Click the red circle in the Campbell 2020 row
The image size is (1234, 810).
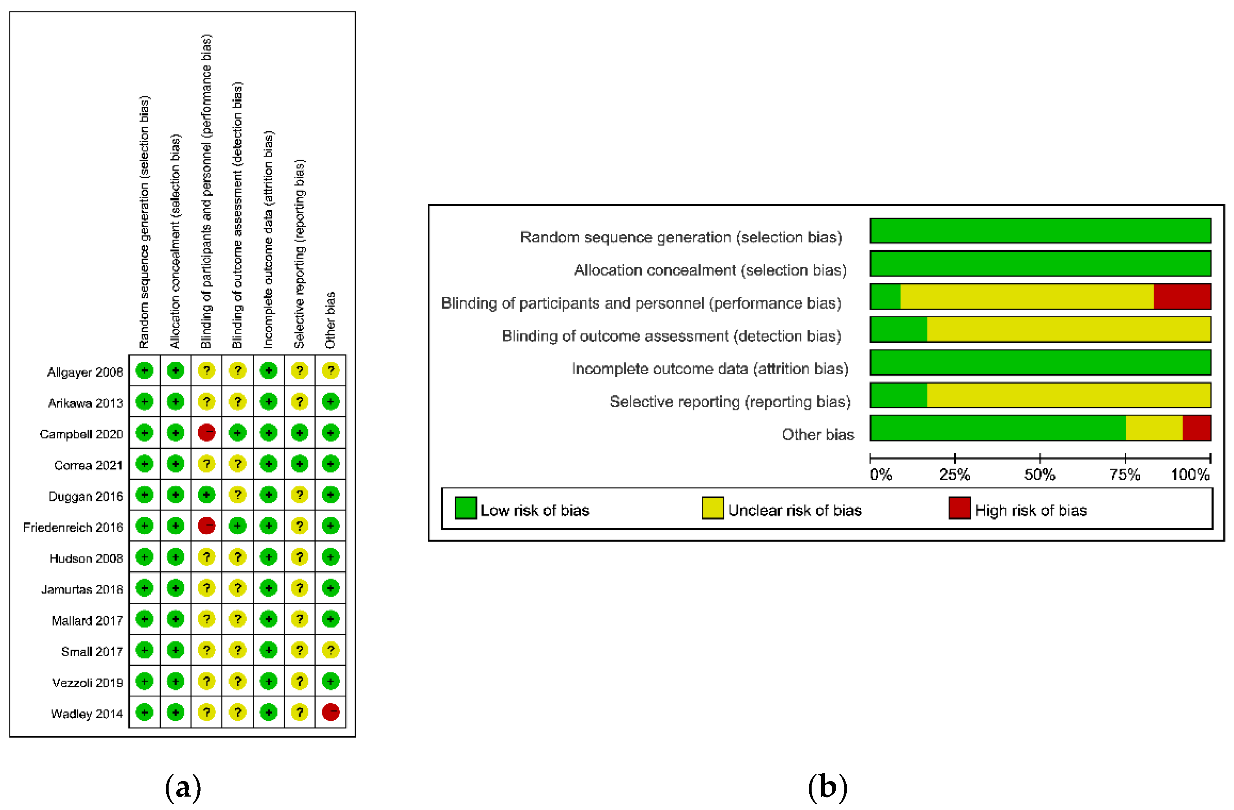[x=206, y=432]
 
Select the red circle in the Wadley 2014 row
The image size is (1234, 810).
[x=330, y=712]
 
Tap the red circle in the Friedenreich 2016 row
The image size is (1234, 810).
[x=206, y=526]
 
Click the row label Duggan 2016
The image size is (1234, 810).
[x=85, y=496]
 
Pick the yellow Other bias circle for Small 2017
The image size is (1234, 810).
[x=330, y=650]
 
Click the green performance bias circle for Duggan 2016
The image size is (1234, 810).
[x=206, y=495]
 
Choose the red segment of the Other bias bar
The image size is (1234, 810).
[x=1196, y=428]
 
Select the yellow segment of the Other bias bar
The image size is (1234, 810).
[x=1154, y=428]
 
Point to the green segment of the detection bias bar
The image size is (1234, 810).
[x=899, y=329]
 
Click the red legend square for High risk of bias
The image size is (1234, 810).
[x=959, y=508]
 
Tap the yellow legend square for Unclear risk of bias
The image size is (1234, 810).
[x=712, y=508]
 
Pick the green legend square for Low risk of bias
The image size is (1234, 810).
[x=466, y=508]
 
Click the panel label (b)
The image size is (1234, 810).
[x=827, y=787]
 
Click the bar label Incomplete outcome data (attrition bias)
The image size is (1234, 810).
[x=710, y=369]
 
